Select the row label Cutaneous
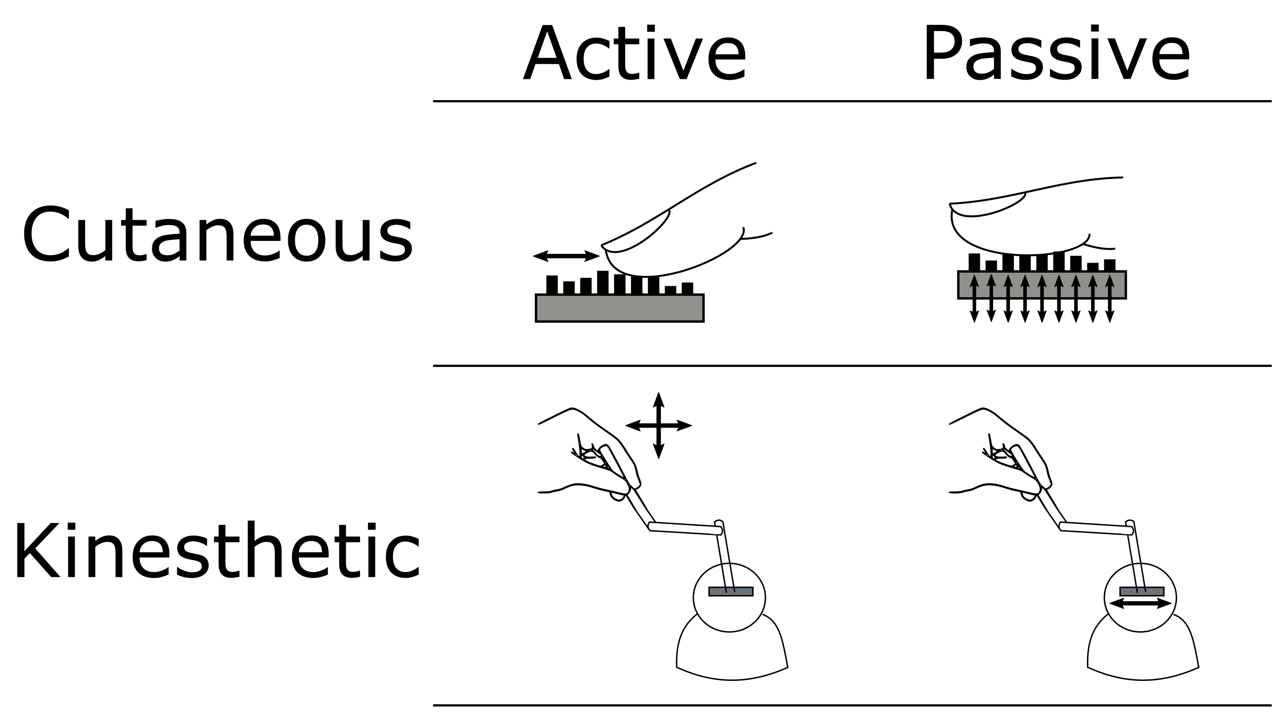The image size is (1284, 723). tap(217, 234)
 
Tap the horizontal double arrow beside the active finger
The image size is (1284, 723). tap(566, 257)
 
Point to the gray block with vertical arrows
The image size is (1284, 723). tap(1042, 285)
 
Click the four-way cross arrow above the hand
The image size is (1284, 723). tap(658, 425)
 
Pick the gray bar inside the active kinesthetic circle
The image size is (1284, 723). tap(731, 591)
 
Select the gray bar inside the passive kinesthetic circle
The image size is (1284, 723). tap(1141, 591)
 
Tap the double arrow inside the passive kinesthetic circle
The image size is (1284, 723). tap(1140, 603)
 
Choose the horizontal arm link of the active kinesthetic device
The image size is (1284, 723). tap(685, 528)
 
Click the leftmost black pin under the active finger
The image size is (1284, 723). tap(552, 285)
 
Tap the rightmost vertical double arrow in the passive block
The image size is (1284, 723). tap(1110, 298)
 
